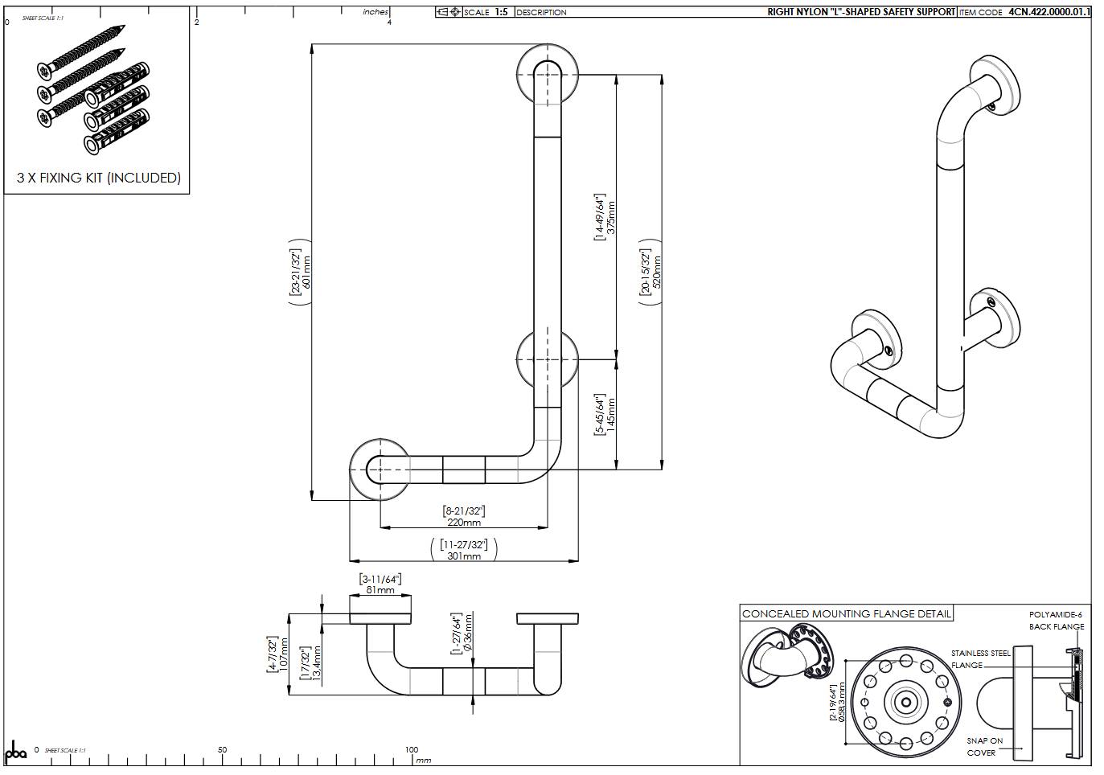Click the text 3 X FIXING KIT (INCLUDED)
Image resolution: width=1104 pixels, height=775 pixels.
point(99,178)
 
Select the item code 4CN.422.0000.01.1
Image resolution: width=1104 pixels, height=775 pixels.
point(1049,12)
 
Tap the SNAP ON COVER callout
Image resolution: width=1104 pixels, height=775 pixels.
point(984,747)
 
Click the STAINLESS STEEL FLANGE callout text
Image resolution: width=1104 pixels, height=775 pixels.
point(980,659)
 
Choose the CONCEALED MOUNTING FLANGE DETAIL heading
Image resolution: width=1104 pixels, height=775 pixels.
point(846,613)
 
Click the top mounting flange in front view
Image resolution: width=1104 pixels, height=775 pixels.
point(547,74)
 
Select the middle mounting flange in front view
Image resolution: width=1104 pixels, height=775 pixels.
point(547,359)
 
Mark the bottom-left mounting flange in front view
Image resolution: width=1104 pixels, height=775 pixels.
point(380,469)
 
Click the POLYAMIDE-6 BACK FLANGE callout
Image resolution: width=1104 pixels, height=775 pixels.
point(1056,620)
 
